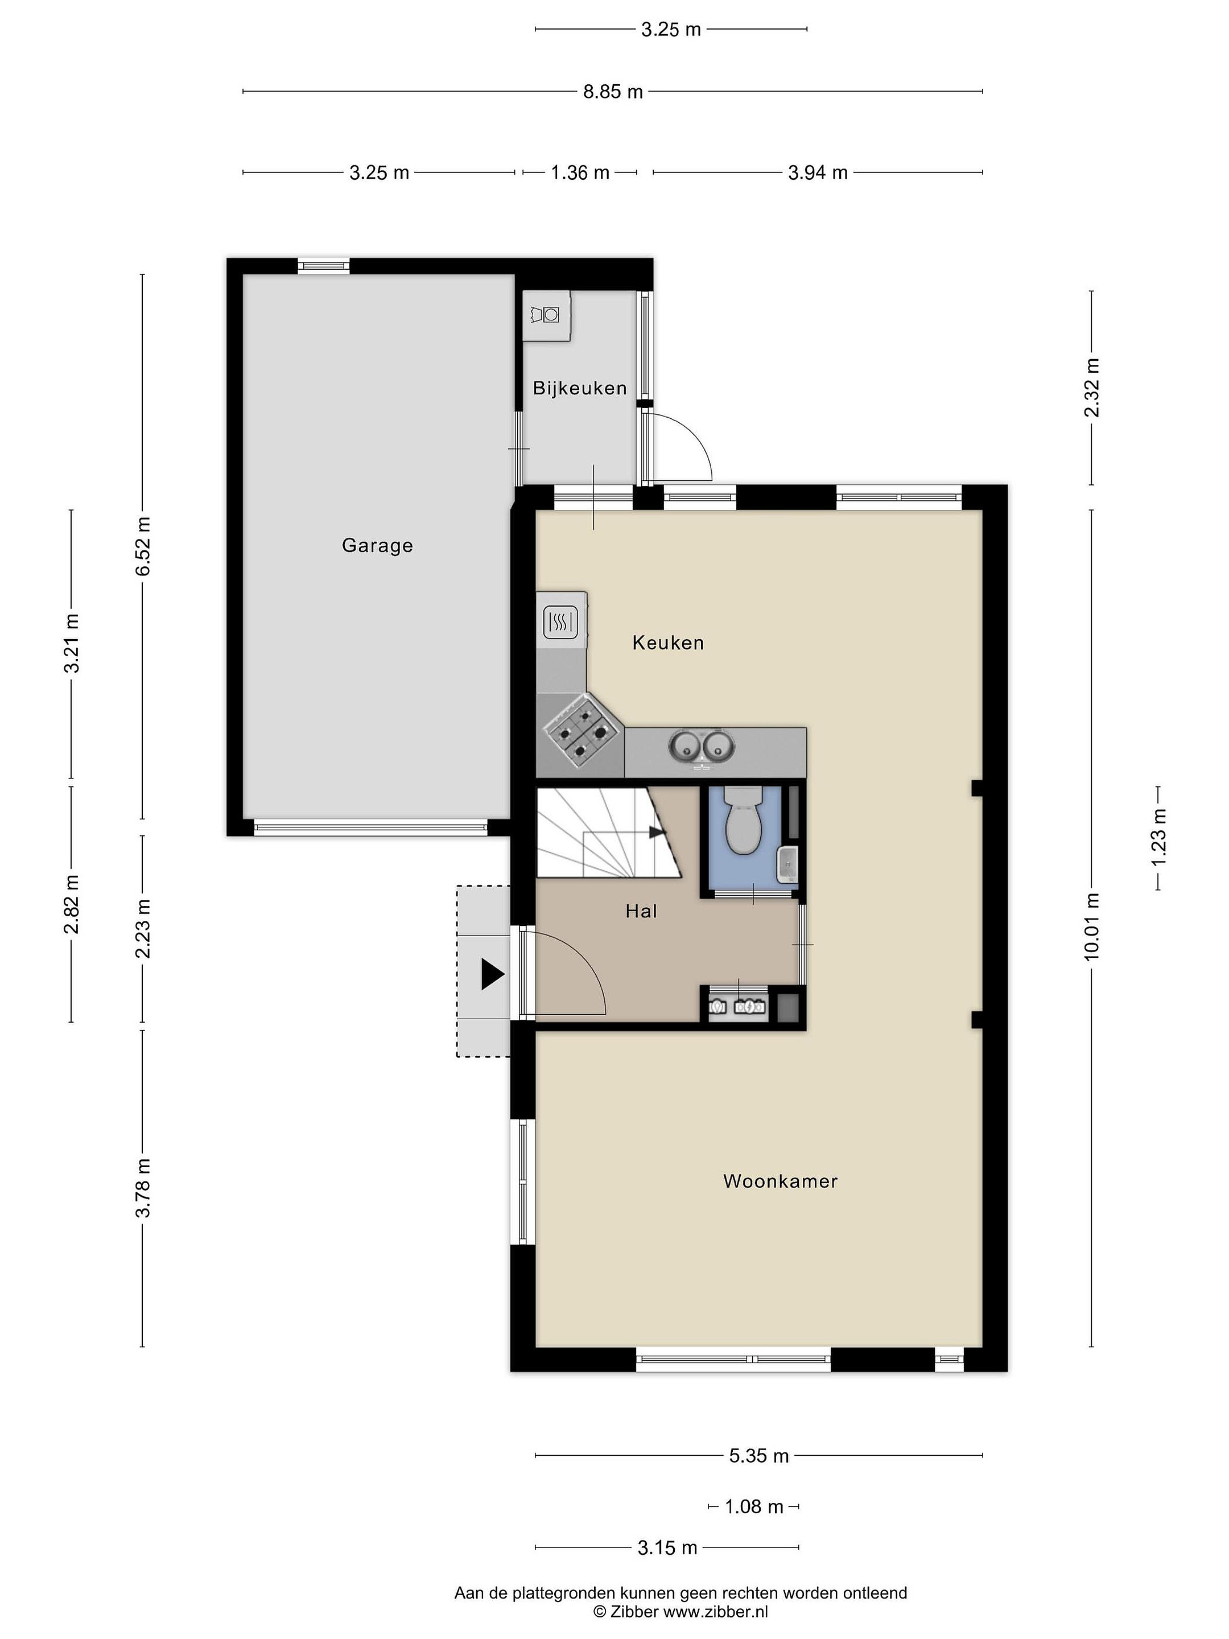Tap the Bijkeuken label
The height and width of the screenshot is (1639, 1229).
[580, 388]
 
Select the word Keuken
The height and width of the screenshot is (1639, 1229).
[668, 643]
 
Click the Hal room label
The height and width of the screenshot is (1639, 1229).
[642, 911]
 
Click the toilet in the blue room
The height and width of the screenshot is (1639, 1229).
[743, 820]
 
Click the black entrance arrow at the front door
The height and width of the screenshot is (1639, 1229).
[493, 974]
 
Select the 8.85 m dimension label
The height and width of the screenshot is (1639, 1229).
[613, 92]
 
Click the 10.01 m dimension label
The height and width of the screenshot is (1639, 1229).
[1091, 928]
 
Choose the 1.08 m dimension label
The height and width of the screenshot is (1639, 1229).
[753, 1507]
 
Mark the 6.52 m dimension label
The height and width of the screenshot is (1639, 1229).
[142, 546]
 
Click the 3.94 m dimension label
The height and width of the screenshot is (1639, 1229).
[818, 172]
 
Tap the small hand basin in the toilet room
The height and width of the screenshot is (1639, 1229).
[787, 864]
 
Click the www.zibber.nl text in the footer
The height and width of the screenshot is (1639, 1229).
[716, 1612]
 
